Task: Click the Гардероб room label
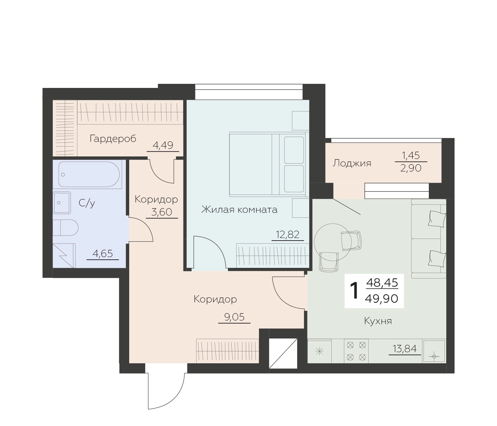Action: point(113,139)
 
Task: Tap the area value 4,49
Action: point(163,145)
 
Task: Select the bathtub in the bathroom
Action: point(89,174)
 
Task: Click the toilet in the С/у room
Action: point(65,227)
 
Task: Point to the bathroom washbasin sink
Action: point(62,203)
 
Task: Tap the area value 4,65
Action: point(103,254)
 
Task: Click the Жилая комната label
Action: point(239,210)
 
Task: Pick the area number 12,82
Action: point(288,234)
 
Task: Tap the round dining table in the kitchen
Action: point(333,242)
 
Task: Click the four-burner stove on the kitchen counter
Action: point(356,351)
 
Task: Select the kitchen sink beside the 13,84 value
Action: point(434,351)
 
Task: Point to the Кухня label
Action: point(378,321)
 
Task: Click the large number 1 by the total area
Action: point(354,291)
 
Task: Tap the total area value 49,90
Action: point(381,299)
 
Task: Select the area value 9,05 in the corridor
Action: point(234,317)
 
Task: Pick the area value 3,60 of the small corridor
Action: point(162,212)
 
